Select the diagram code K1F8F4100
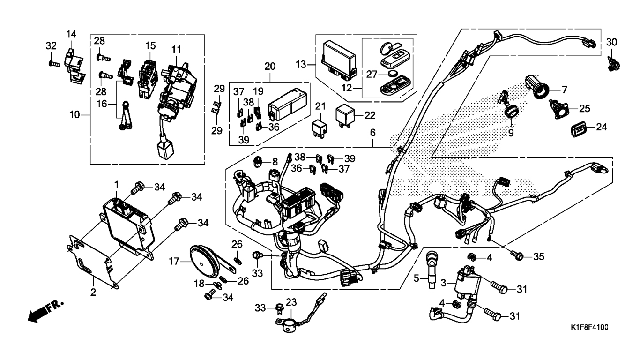(x=589, y=327)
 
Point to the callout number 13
(x=301, y=65)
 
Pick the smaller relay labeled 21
(x=320, y=128)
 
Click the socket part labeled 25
(x=558, y=109)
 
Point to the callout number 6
(x=373, y=133)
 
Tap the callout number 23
(x=291, y=302)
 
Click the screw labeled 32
(x=54, y=64)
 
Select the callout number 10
(x=75, y=115)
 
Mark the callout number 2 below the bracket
(x=93, y=292)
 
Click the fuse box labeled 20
(x=287, y=105)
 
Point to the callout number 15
(x=150, y=46)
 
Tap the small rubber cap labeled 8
(x=258, y=162)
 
